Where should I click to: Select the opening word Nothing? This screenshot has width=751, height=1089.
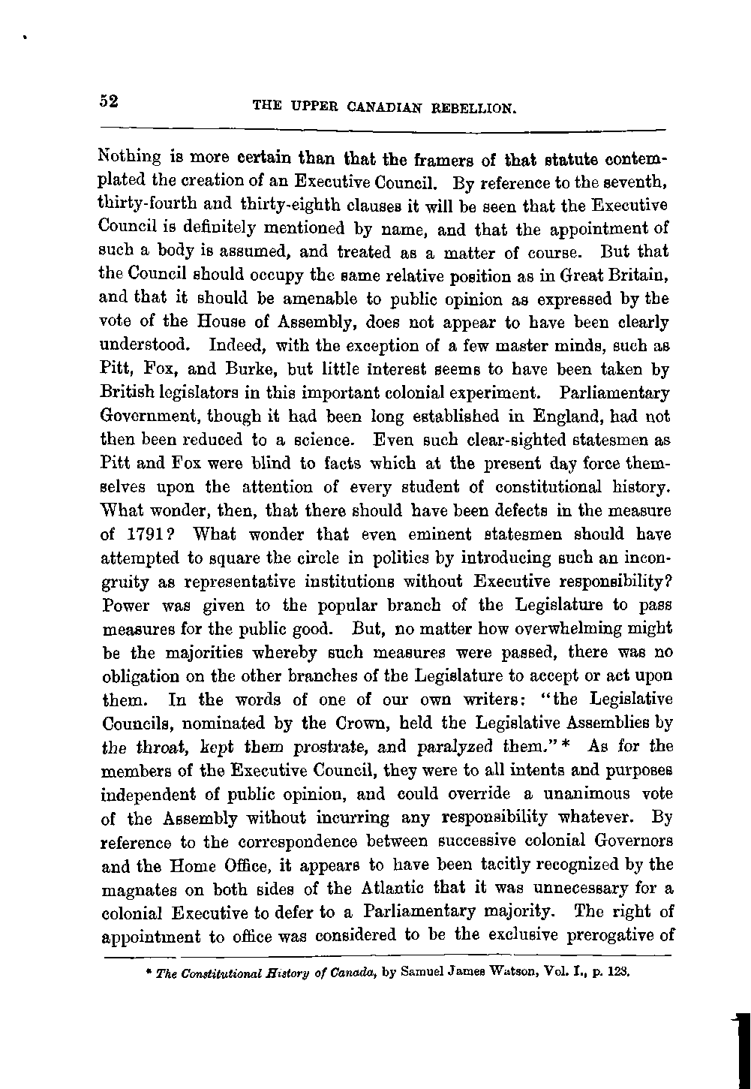pos(125,160)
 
